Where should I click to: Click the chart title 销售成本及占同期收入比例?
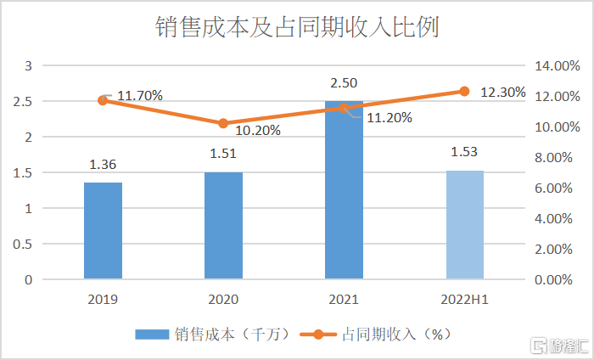click(x=297, y=27)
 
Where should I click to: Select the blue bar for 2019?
click(x=103, y=231)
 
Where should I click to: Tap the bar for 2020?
click(x=223, y=226)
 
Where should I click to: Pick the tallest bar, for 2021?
click(x=344, y=190)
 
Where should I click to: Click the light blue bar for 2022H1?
click(x=465, y=225)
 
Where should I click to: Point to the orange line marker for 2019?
click(x=103, y=100)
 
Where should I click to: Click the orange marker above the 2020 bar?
click(x=223, y=123)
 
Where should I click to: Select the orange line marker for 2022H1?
click(x=464, y=92)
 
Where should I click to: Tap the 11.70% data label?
click(x=140, y=95)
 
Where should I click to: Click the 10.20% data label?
click(x=258, y=131)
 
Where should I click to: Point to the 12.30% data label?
click(x=503, y=92)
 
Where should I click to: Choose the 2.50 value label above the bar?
click(x=344, y=83)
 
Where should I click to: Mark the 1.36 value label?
click(x=103, y=165)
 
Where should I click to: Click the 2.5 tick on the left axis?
click(x=23, y=102)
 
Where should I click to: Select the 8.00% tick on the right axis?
click(x=553, y=157)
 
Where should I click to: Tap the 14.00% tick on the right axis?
click(x=557, y=66)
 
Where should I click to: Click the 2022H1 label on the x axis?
click(x=464, y=300)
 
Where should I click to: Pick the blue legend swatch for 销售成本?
click(x=152, y=335)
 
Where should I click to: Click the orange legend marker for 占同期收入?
click(x=318, y=335)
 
